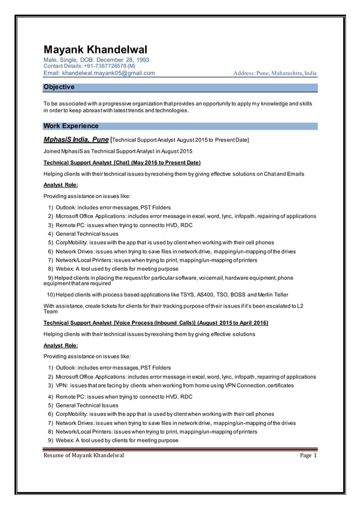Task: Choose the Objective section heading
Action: (59, 87)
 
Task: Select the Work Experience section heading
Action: (71, 126)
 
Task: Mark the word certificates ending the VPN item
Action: (277, 385)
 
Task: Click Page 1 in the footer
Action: (309, 455)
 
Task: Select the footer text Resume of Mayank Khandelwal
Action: (84, 455)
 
